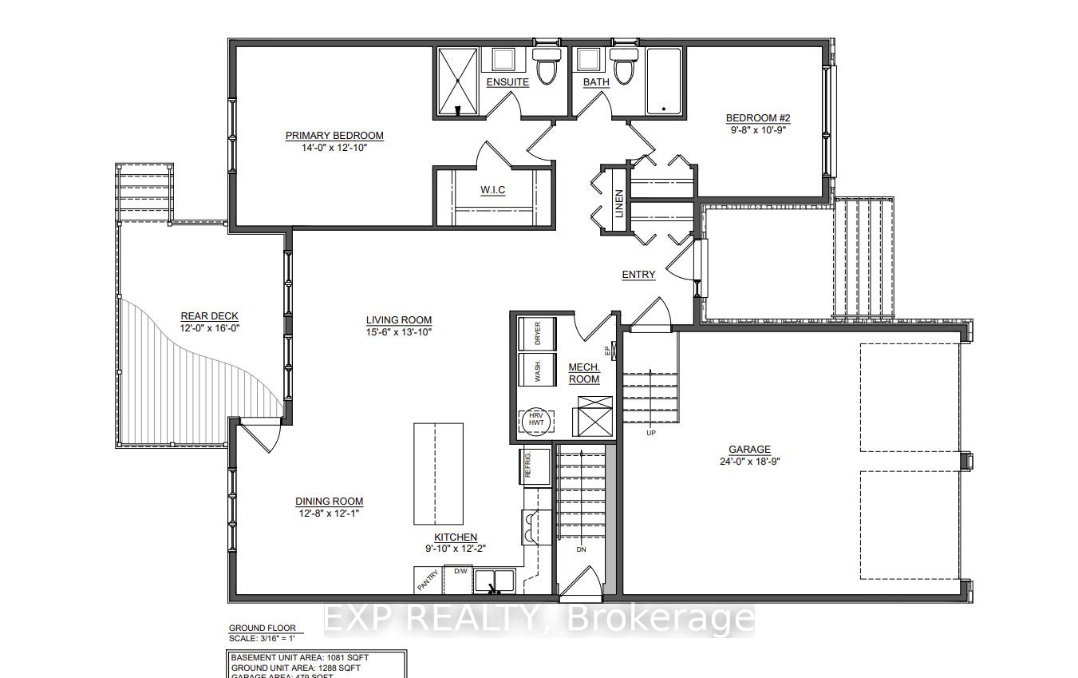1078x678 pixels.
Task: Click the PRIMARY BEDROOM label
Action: tap(334, 136)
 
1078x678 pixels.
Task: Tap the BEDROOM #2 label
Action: tap(757, 119)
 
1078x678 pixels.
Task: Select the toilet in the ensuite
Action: tap(546, 67)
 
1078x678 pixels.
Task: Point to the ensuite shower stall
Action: tap(458, 81)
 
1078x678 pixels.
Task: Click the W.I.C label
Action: tap(492, 189)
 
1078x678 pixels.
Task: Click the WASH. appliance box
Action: tap(536, 370)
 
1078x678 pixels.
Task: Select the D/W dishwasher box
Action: tap(460, 572)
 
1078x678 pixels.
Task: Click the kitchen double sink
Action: tap(495, 580)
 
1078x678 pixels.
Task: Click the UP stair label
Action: tap(651, 432)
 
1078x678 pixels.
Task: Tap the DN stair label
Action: tap(580, 549)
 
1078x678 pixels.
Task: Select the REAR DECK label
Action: tap(209, 316)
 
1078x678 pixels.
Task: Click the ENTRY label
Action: tap(638, 275)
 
